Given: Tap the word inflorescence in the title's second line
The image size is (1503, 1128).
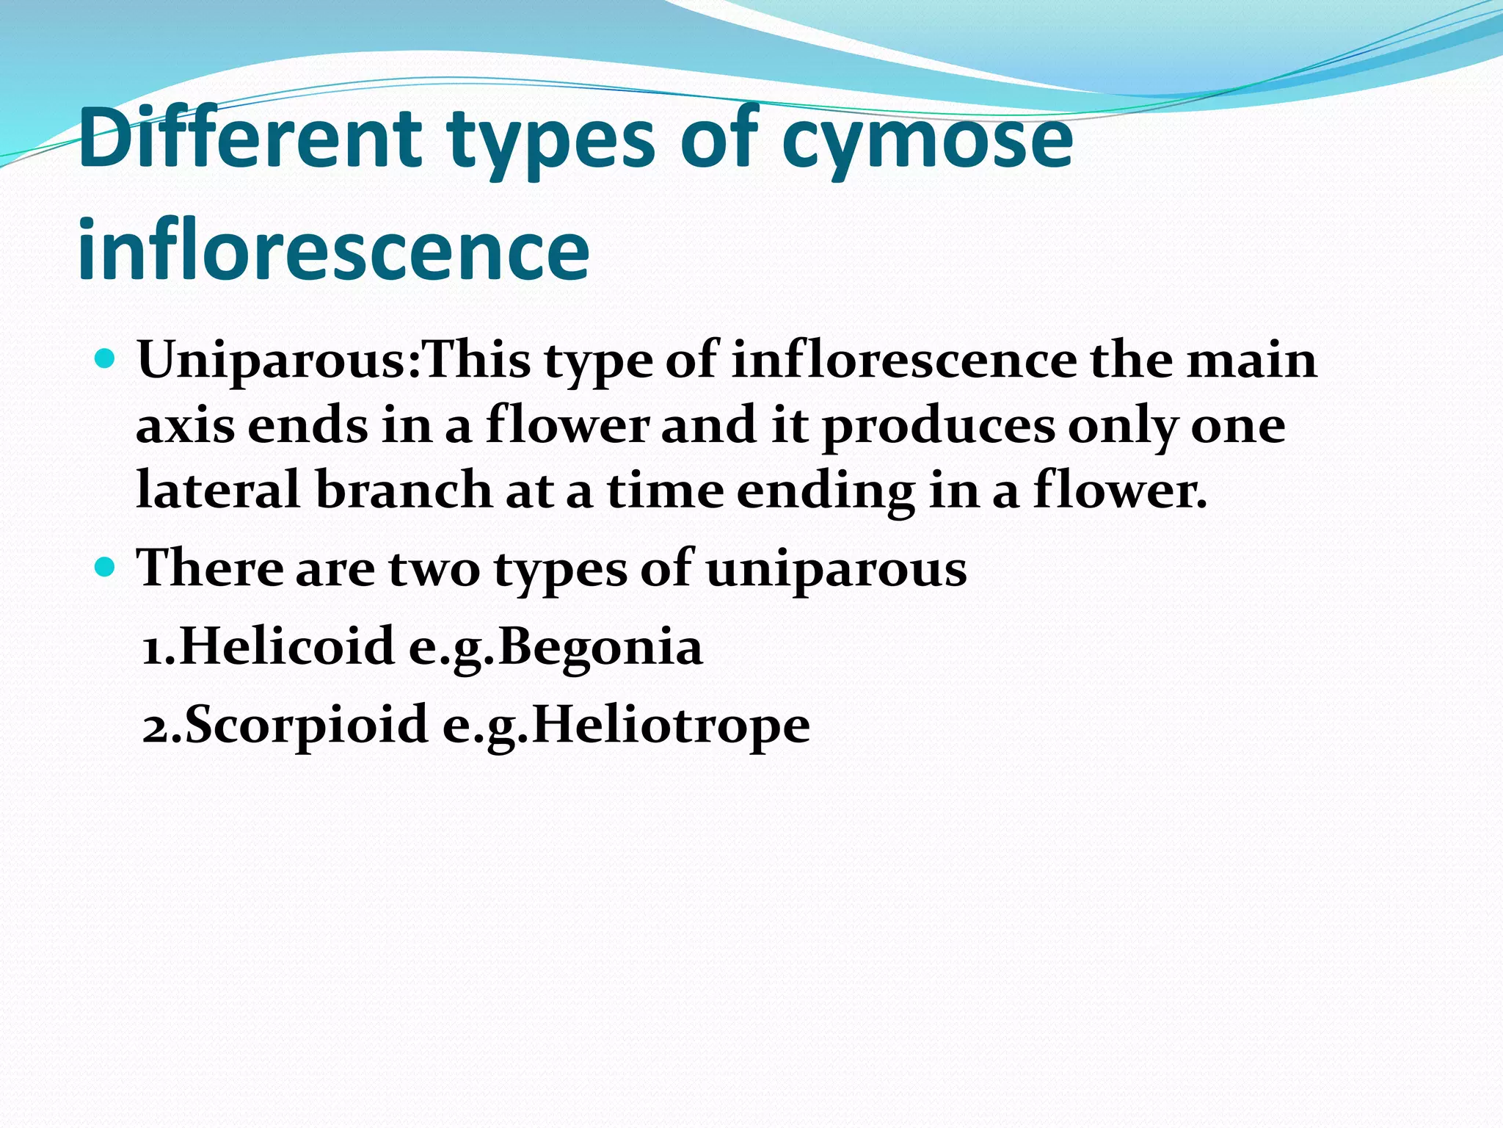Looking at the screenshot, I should pyautogui.click(x=333, y=250).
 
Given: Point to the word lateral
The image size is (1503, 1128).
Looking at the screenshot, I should pyautogui.click(x=218, y=490).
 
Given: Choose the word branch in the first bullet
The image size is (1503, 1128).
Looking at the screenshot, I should pyautogui.click(x=404, y=490).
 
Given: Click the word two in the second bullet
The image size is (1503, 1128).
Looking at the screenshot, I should pyautogui.click(x=434, y=568).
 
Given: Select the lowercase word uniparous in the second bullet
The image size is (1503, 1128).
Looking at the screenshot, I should pyautogui.click(x=836, y=570).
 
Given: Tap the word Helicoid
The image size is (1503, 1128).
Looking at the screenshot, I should pyautogui.click(x=287, y=646).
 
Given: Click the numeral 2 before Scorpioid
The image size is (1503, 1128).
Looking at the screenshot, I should pyautogui.click(x=156, y=727).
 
